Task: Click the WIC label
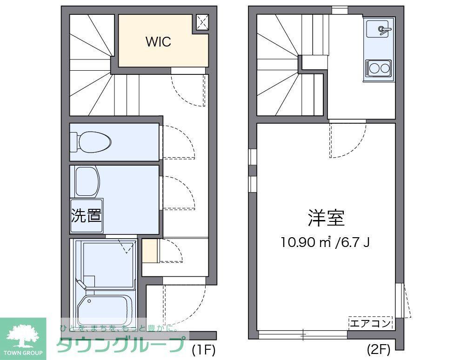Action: pos(159,42)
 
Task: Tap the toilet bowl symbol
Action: pos(90,142)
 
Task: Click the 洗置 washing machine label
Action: pos(86,215)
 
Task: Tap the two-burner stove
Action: pos(378,68)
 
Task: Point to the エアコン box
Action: pos(370,323)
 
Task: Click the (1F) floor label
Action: pos(204,350)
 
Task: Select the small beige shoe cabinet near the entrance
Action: pos(150,251)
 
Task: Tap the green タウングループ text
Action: pos(121,344)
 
